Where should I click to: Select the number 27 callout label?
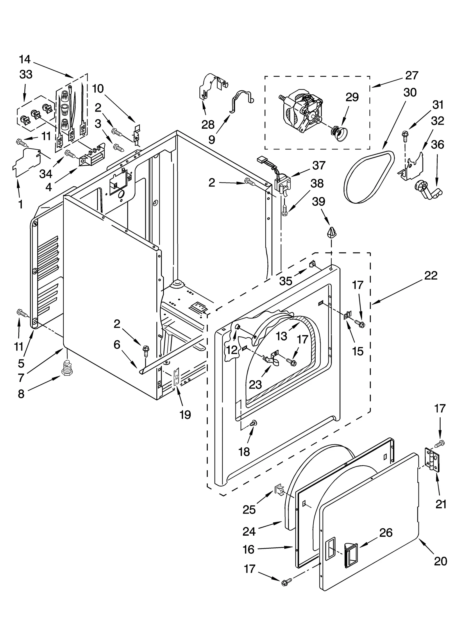[x=412, y=75]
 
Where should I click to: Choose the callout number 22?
[x=430, y=275]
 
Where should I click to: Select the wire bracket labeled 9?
[x=241, y=101]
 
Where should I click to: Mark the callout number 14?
[x=25, y=59]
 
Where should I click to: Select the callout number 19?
[x=185, y=415]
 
